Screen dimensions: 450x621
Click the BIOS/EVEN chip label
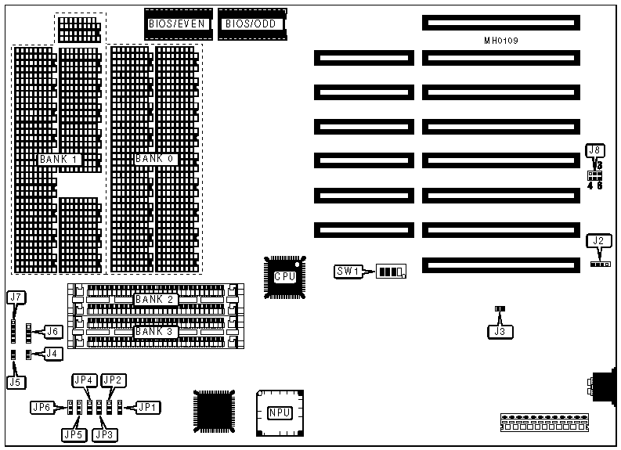tap(177, 24)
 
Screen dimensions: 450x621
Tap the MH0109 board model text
tap(501, 40)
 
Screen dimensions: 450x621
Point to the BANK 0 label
tap(155, 159)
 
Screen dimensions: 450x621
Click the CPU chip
tap(283, 275)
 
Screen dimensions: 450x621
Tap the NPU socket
tap(280, 412)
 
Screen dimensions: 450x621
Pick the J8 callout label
tap(596, 150)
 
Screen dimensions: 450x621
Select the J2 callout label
tap(598, 240)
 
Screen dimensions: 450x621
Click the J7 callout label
tap(16, 297)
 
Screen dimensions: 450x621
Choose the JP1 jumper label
tap(147, 407)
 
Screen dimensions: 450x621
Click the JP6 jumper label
tap(42, 407)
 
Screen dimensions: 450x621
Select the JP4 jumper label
tap(84, 380)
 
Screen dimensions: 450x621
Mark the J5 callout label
tap(14, 383)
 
